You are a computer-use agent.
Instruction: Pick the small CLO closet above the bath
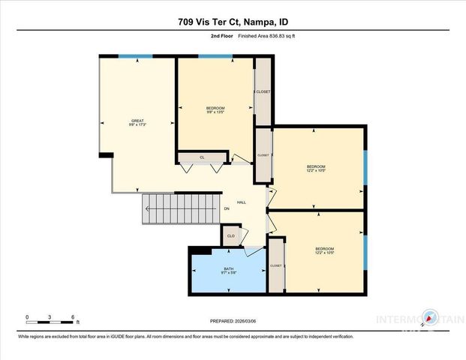[231, 236]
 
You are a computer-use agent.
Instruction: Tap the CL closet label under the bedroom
[202, 157]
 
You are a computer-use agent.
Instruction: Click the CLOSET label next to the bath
[275, 265]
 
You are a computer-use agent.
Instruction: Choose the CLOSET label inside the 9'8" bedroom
[263, 91]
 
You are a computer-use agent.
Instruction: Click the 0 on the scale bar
[27, 316]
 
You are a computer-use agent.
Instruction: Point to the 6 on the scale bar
[72, 316]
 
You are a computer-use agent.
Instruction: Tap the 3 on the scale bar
[50, 316]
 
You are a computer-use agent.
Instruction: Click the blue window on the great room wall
[136, 56]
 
